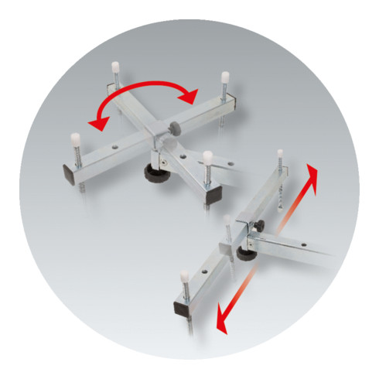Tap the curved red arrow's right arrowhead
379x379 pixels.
pos(187,95)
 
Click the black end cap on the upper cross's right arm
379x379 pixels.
pos(210,183)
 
